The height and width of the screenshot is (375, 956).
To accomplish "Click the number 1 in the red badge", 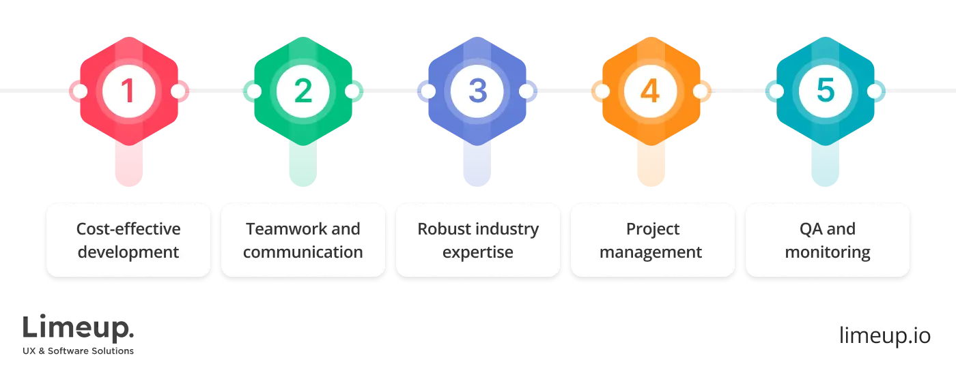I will [x=128, y=91].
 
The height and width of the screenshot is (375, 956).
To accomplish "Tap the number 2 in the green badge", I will [x=303, y=91].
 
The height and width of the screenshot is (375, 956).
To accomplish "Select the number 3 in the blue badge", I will [x=477, y=91].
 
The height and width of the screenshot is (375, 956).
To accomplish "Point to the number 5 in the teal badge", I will [x=826, y=91].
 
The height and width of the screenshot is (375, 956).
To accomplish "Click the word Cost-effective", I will [x=128, y=229].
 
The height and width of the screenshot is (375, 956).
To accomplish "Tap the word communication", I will [x=303, y=252].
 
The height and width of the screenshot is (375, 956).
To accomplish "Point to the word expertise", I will [x=477, y=252].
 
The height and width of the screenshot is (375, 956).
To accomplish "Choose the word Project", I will [x=652, y=229].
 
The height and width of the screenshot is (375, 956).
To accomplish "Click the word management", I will [x=651, y=252].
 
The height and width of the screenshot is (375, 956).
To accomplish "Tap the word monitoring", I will [x=828, y=252].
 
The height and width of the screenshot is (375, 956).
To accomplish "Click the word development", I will [x=128, y=252].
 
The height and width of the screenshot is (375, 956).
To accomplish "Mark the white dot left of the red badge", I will [x=79, y=91].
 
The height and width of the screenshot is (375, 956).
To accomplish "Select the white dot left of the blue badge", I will [x=428, y=91].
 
